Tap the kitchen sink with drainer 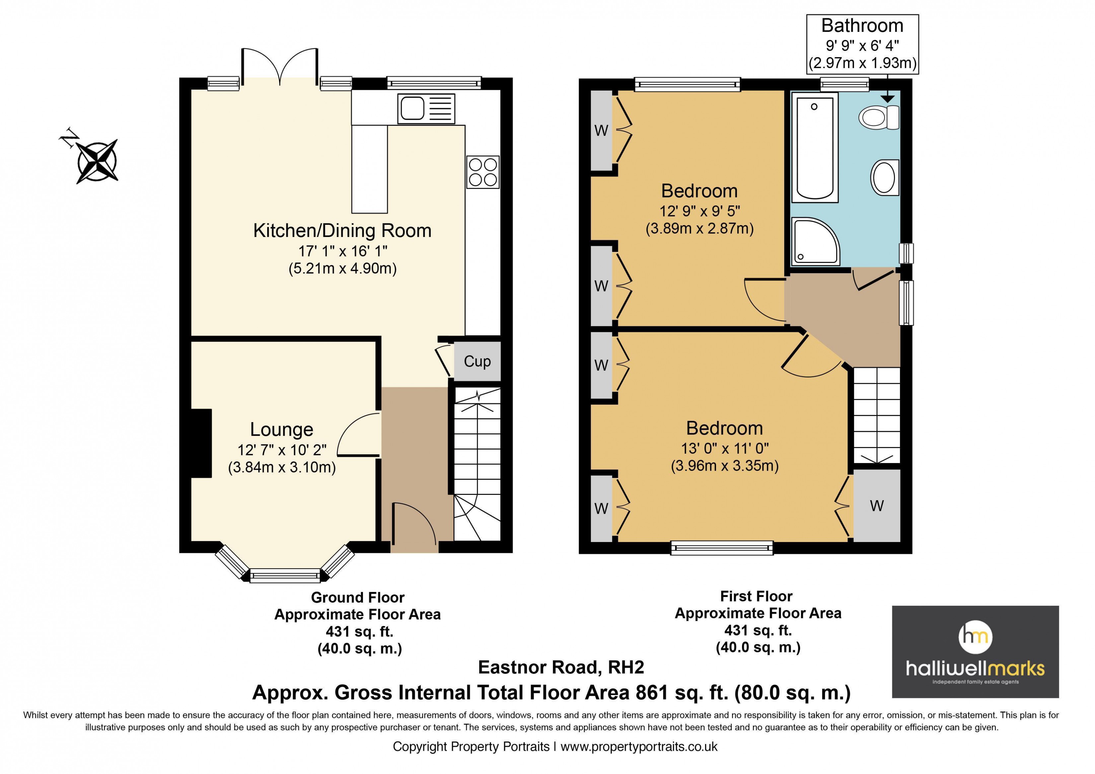tap(426, 109)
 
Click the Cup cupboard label tap(477, 361)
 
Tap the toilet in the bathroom tap(878, 117)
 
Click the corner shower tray tap(815, 241)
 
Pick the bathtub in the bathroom tap(815, 147)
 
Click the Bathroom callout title tap(862, 26)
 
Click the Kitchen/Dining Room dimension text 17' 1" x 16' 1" tap(342, 251)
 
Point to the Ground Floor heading tap(358, 597)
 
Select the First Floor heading tap(757, 596)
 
